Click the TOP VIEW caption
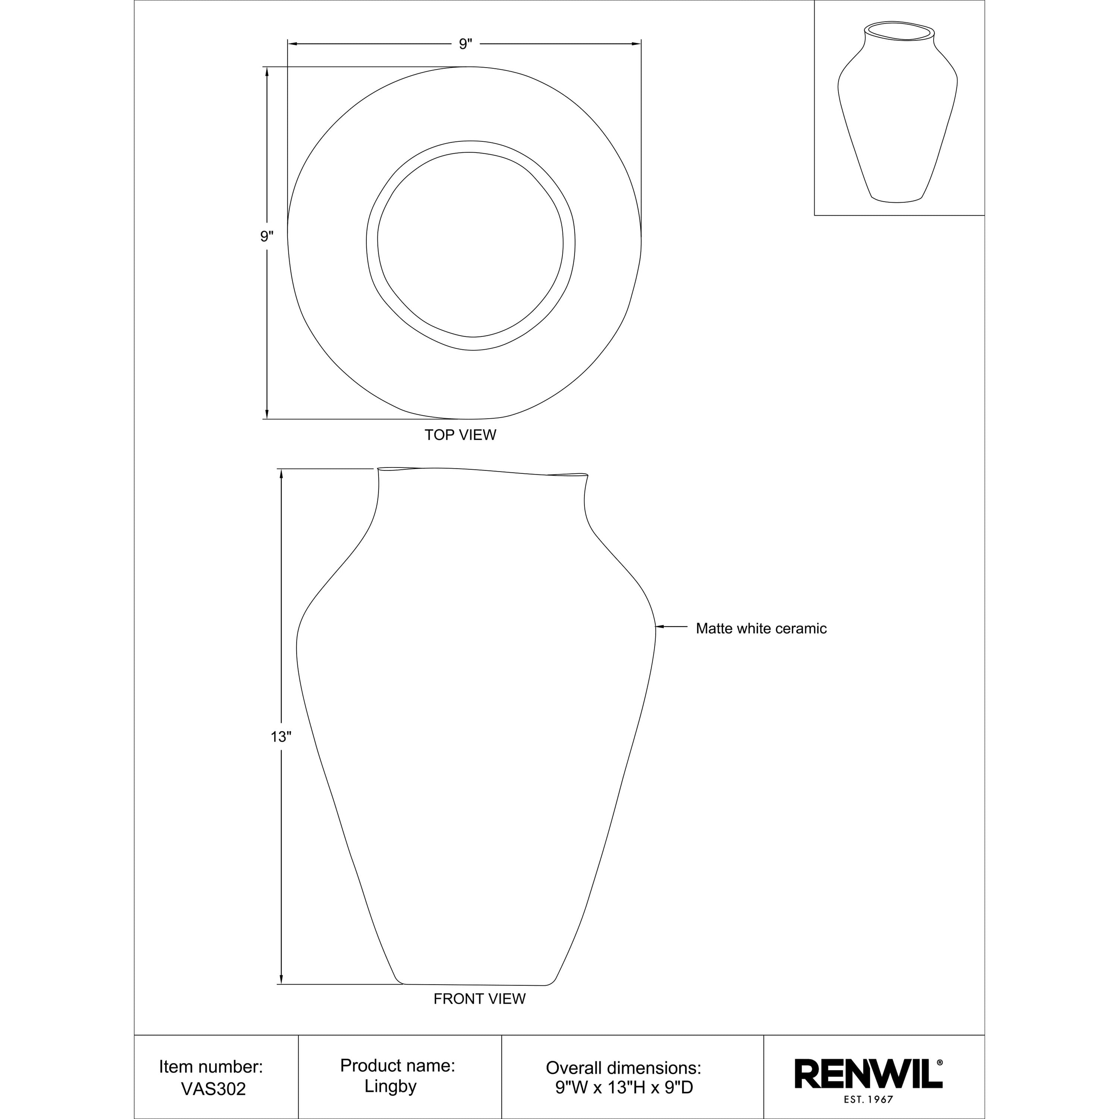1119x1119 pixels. [460, 435]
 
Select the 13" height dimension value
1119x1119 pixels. [281, 737]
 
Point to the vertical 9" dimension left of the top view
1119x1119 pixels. [266, 236]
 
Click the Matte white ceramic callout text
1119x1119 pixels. [761, 628]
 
